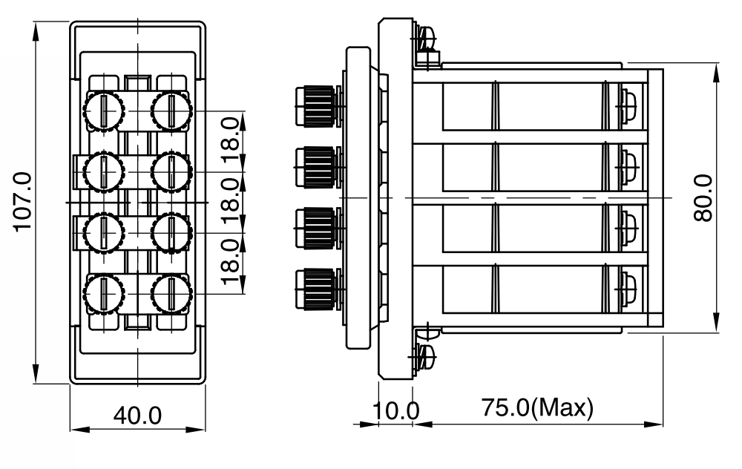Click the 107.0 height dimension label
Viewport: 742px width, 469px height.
(23, 202)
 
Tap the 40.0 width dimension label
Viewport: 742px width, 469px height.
(137, 416)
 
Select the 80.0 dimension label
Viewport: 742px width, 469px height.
(703, 198)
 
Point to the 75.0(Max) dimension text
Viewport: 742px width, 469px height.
(537, 407)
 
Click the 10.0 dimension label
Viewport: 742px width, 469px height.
(395, 410)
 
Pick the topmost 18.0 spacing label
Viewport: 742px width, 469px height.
(231, 140)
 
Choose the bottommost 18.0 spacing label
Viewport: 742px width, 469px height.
(231, 261)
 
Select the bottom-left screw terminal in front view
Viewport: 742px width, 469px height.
(104, 294)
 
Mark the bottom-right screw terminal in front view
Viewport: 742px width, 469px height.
(171, 294)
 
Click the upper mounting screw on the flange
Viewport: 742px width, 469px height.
(425, 39)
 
